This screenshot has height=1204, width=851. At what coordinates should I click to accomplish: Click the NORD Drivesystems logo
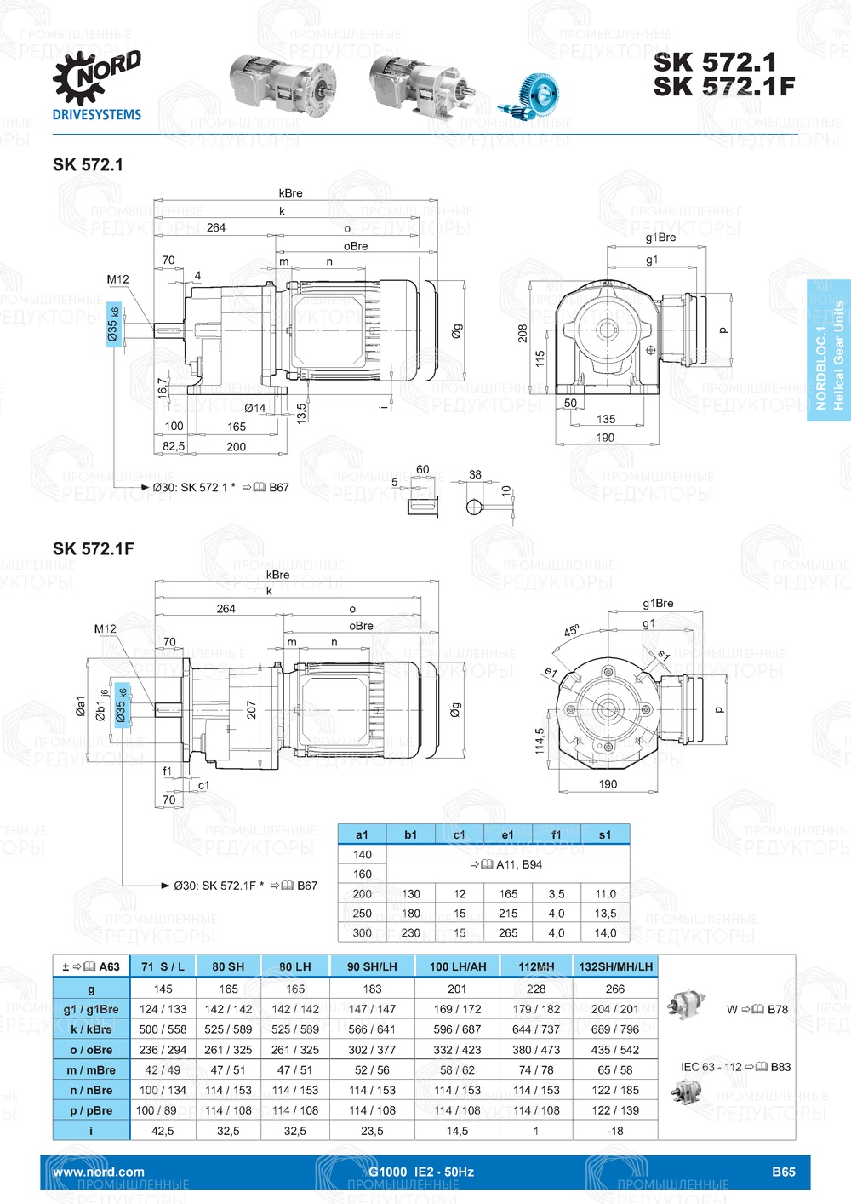pyautogui.click(x=96, y=86)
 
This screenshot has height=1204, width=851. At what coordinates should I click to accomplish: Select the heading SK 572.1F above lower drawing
pyautogui.click(x=93, y=549)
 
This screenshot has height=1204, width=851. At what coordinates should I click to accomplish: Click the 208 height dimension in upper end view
pyautogui.click(x=523, y=333)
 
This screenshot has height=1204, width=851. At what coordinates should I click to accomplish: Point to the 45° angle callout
pyautogui.click(x=571, y=631)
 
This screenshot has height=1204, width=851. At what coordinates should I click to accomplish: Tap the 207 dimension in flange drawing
pyautogui.click(x=251, y=709)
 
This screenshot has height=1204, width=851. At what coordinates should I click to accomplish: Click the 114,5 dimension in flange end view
pyautogui.click(x=540, y=740)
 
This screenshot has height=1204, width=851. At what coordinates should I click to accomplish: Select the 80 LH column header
pyautogui.click(x=295, y=966)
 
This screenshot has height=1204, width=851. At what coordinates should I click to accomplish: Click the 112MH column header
pyautogui.click(x=536, y=966)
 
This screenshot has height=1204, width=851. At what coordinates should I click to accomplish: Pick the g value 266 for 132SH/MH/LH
pyautogui.click(x=615, y=989)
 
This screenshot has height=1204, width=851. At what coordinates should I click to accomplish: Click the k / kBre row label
pyautogui.click(x=91, y=1029)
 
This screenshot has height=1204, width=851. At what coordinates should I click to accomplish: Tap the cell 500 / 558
pyautogui.click(x=163, y=1029)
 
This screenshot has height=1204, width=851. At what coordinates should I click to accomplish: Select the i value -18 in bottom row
pyautogui.click(x=615, y=1131)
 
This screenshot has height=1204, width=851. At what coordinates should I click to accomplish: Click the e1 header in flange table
pyautogui.click(x=508, y=834)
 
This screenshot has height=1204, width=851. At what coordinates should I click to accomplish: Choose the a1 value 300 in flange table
pyautogui.click(x=363, y=932)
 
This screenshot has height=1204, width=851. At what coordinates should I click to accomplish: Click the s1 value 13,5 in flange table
pyautogui.click(x=605, y=913)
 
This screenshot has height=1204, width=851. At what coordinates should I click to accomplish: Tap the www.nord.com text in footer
pyautogui.click(x=99, y=1172)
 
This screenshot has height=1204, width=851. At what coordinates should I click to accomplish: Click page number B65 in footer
pyautogui.click(x=783, y=1172)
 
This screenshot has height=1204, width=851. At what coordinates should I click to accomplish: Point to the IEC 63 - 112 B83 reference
pyautogui.click(x=735, y=1067)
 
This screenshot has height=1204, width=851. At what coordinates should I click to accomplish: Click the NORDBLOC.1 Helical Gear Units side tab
pyautogui.click(x=829, y=350)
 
